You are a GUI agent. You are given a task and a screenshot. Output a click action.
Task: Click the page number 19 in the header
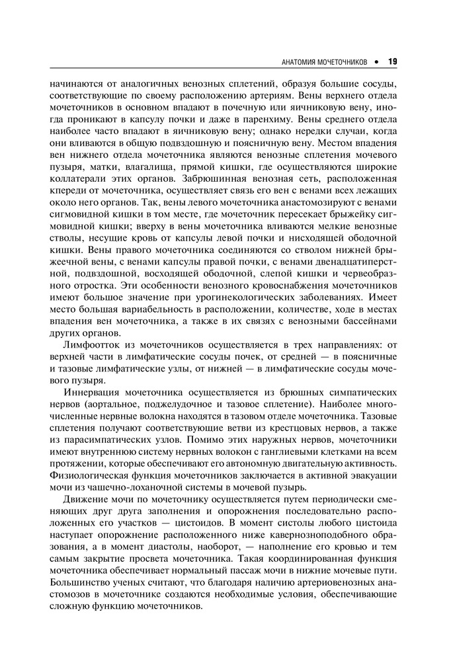[x=392, y=61]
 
